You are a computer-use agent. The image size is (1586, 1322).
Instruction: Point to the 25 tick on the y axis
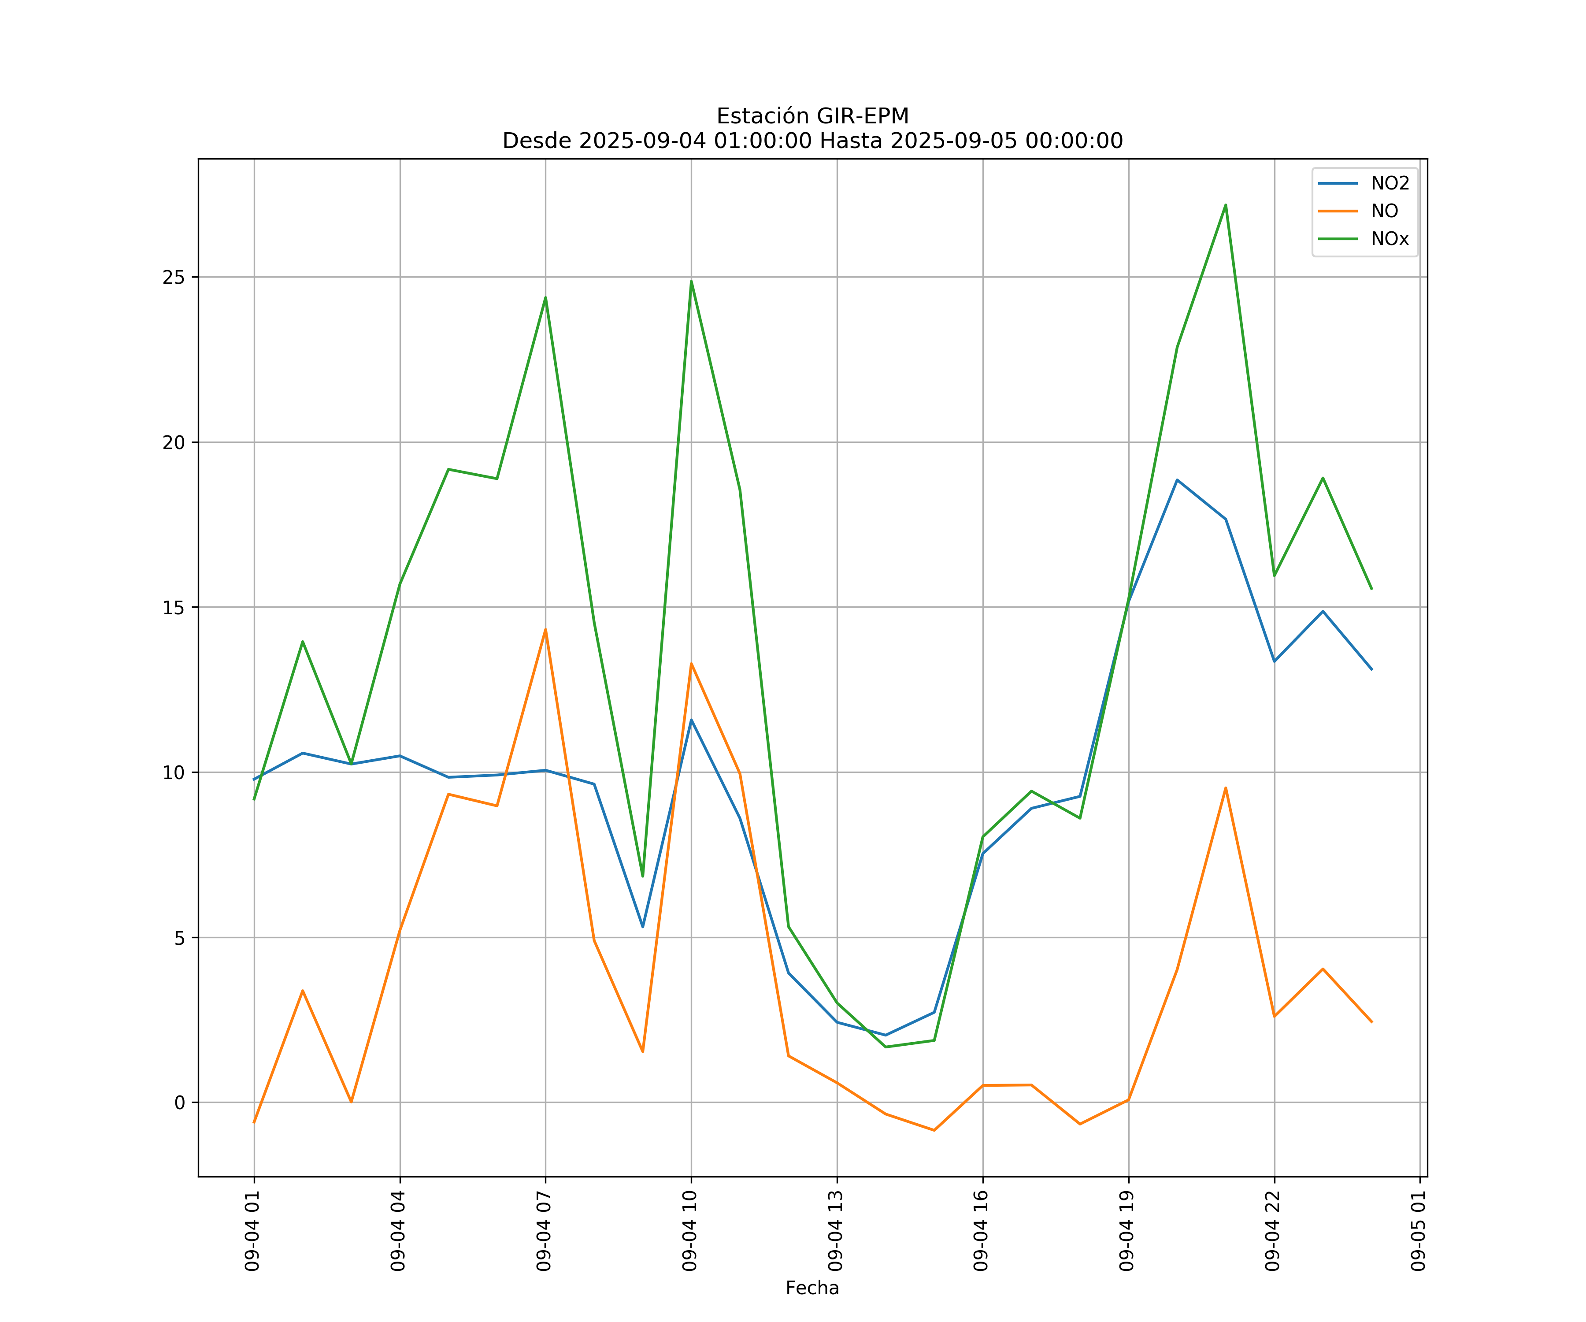(174, 277)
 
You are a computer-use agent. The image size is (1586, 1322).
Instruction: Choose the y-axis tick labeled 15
(174, 607)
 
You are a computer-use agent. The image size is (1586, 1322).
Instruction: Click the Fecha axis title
(812, 1288)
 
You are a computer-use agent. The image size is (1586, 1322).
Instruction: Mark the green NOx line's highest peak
(1225, 205)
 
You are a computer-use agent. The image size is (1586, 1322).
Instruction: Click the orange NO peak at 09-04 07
(545, 629)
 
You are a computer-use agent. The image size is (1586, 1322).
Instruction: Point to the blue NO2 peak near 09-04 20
(1177, 480)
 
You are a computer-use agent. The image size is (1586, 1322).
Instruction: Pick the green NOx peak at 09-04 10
(691, 281)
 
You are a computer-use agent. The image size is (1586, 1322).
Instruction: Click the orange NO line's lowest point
(934, 1130)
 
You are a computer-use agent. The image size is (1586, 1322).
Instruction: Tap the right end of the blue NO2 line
(1371, 669)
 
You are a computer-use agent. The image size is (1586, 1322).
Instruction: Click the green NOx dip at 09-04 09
(643, 876)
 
